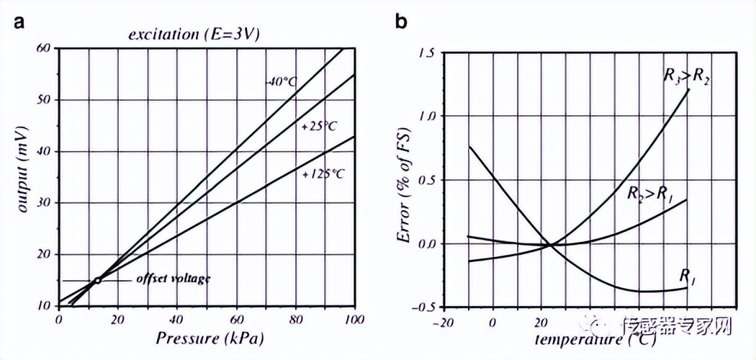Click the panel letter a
click(20, 21)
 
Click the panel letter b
click(401, 21)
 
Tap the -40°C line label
click(279, 81)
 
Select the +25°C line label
click(320, 125)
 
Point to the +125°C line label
click(323, 174)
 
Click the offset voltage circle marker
click(98, 280)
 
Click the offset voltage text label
click(173, 279)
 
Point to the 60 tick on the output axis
click(45, 48)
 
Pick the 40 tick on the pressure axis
click(177, 320)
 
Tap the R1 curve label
click(688, 275)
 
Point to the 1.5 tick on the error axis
click(427, 53)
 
